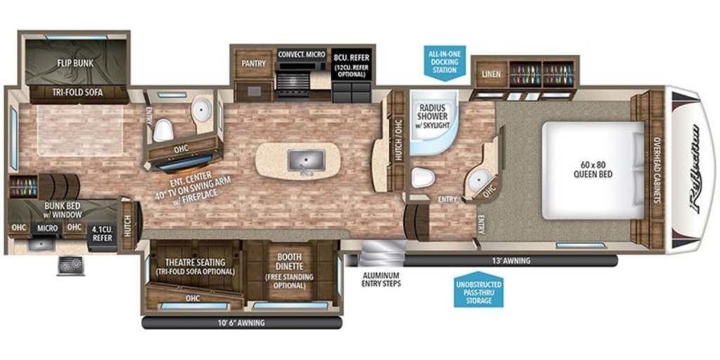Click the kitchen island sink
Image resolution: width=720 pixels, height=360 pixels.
coord(306,160)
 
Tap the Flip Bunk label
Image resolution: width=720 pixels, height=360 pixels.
coord(75,63)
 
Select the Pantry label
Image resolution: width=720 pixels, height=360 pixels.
coord(254,64)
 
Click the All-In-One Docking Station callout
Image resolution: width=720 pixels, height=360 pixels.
coord(445,62)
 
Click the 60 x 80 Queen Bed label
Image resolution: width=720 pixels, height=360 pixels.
coord(593,170)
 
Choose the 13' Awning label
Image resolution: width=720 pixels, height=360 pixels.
coord(511,260)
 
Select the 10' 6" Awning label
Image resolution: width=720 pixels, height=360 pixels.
coord(241,323)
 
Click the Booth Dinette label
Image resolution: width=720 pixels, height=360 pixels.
coord(290,262)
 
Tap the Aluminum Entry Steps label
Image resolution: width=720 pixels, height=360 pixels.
coord(381,280)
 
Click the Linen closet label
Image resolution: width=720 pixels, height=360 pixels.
coord(491,74)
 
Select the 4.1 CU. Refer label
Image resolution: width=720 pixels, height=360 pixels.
coord(102,233)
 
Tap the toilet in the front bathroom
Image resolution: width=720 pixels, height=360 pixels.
coord(423,178)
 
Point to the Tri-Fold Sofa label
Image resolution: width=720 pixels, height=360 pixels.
coord(77,92)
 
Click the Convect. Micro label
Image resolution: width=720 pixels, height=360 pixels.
coord(301,55)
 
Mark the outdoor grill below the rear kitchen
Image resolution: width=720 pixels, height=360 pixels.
coord(71,266)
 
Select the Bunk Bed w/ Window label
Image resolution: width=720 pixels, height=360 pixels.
coord(63,210)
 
